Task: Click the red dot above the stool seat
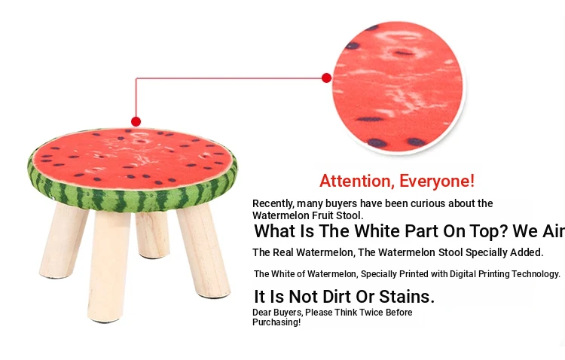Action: pos(136,121)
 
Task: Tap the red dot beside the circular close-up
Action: pos(326,78)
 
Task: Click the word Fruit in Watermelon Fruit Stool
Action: pos(323,215)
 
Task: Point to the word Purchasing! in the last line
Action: pos(276,322)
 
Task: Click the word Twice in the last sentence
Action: pos(371,312)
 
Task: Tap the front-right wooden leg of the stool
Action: pos(203,250)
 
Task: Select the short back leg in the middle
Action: pos(153,235)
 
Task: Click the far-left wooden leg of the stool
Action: pos(63,240)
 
